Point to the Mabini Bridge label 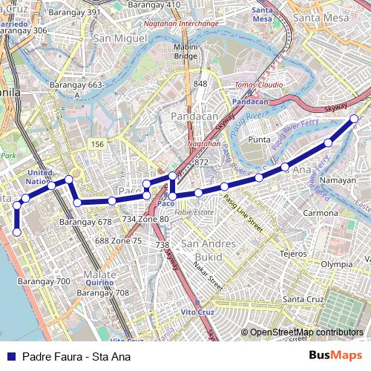tap(185, 50)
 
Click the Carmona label tap(321, 213)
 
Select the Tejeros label tap(293, 254)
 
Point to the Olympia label tap(336, 263)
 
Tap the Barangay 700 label tap(44, 281)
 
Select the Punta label tap(259, 139)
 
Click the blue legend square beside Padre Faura tap(10, 357)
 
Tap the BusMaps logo tap(335, 356)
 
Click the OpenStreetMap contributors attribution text tap(306, 332)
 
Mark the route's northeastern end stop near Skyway tap(354, 119)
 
